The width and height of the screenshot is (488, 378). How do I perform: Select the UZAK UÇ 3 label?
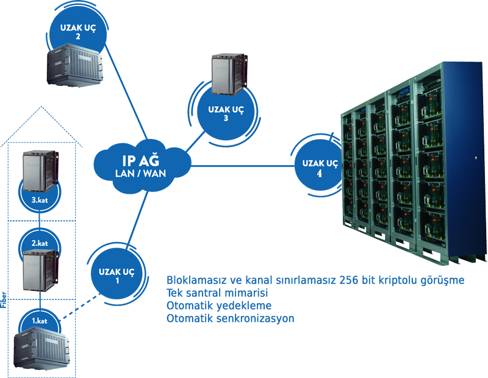click(226, 113)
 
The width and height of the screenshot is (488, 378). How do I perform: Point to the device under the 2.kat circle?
click(38, 271)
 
